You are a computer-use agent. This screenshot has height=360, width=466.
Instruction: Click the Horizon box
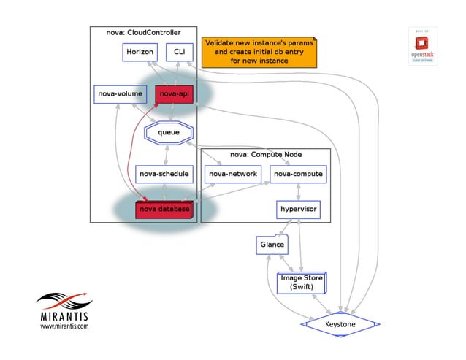click(140, 53)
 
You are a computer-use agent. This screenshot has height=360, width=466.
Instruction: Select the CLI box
click(179, 53)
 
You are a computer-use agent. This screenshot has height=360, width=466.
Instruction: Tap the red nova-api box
click(174, 94)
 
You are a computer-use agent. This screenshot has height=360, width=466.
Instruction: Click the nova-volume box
click(120, 94)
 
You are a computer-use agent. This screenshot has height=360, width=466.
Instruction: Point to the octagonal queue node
click(169, 132)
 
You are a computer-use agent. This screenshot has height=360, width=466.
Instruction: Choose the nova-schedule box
click(164, 174)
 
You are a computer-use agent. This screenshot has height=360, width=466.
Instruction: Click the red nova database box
click(164, 210)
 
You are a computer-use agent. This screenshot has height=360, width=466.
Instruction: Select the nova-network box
click(232, 174)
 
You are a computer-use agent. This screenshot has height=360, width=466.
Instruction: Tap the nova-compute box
click(297, 174)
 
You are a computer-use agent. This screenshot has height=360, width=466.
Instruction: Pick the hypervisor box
click(298, 210)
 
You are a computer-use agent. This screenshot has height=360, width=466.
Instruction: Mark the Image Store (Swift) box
click(302, 282)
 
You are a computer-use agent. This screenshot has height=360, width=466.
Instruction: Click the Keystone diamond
click(340, 323)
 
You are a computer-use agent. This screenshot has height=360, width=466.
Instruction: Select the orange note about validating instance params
click(259, 52)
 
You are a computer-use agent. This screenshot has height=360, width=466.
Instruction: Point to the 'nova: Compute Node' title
click(265, 154)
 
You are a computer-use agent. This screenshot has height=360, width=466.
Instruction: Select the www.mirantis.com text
click(64, 326)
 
